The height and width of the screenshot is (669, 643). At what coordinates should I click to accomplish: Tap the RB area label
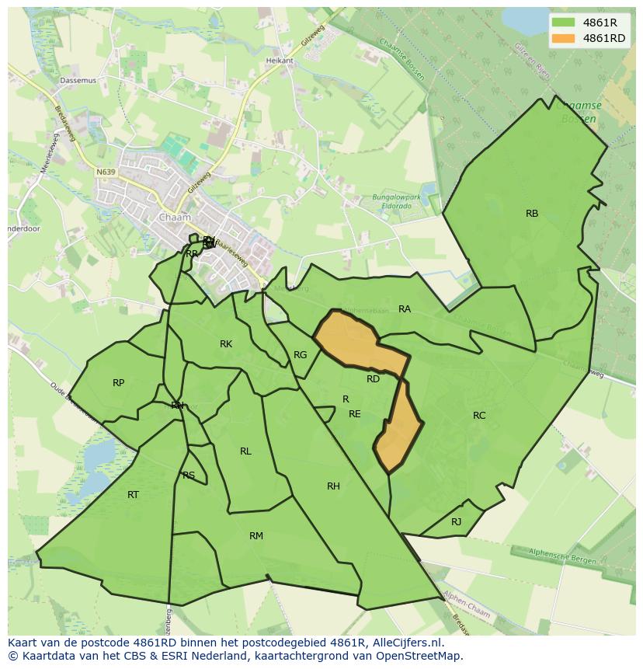pos(532,214)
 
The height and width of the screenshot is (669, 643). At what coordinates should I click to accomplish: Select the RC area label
pos(479,416)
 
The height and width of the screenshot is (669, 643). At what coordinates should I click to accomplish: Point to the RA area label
pos(405,309)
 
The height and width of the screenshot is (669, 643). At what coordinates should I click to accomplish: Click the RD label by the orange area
pos(374,379)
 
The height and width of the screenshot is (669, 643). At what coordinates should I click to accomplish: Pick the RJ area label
pos(457,522)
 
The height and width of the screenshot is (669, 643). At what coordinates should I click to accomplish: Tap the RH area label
pos(333,486)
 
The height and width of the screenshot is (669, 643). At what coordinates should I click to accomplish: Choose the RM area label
pos(256,536)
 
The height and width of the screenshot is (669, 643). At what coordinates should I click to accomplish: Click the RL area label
pos(245,451)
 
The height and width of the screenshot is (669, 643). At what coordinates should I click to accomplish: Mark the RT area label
pos(133,495)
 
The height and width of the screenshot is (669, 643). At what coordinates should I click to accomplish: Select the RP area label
pos(118,383)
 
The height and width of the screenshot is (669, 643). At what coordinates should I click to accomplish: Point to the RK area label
pos(226,344)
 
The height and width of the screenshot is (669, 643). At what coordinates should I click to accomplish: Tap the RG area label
pos(301,355)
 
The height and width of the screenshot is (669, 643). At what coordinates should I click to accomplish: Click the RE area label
pos(355,414)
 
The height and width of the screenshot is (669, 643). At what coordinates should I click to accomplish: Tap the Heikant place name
pos(280,61)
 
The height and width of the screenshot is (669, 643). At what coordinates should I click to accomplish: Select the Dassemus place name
pos(78,80)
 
